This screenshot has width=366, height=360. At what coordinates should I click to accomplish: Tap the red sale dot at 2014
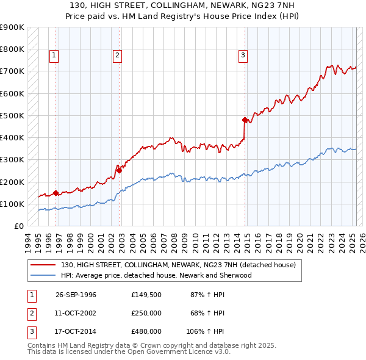pyautogui.click(x=245, y=120)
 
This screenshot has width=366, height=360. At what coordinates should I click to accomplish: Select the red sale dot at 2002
pyautogui.click(x=120, y=170)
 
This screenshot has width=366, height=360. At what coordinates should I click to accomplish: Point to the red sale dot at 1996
pyautogui.click(x=56, y=193)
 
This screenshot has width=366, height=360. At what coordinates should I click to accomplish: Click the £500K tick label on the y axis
pyautogui.click(x=12, y=115)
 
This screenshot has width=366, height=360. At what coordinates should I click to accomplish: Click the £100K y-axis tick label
pyautogui.click(x=12, y=204)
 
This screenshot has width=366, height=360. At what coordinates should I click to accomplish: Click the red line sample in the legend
pyautogui.click(x=43, y=265)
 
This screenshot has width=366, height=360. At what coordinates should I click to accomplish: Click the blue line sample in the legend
pyautogui.click(x=43, y=275)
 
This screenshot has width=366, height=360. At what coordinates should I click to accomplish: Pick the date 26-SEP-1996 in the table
pyautogui.click(x=76, y=295)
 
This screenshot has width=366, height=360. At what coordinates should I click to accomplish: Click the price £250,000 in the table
pyautogui.click(x=146, y=313)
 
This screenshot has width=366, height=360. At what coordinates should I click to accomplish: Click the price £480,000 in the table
pyautogui.click(x=146, y=331)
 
